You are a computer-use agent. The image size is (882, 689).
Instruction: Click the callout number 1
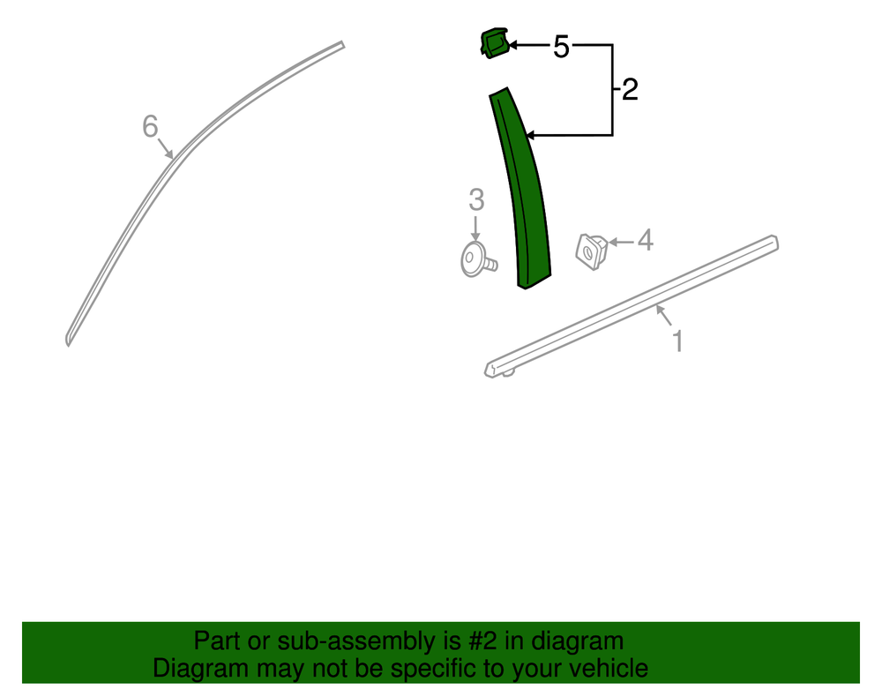(677, 341)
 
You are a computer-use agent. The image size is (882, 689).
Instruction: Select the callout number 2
(630, 90)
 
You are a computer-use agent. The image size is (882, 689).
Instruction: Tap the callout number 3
(476, 200)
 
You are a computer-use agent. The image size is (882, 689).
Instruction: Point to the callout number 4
(646, 240)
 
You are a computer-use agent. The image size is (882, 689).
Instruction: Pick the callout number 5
(561, 47)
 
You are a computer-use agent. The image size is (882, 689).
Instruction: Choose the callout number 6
(150, 126)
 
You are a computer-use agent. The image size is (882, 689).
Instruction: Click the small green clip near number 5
(495, 43)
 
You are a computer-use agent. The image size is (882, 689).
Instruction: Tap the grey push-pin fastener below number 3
(478, 260)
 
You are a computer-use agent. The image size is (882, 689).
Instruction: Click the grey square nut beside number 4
(592, 251)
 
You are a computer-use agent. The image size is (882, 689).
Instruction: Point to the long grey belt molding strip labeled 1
(632, 305)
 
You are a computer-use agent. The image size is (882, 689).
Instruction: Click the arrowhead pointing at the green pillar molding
(529, 135)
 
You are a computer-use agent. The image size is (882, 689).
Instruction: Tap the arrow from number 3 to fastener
(476, 228)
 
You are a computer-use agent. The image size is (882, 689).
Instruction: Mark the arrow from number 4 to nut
(622, 242)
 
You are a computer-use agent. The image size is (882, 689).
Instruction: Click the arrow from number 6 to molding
(166, 148)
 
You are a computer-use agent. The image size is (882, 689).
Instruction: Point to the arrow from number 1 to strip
(664, 315)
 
